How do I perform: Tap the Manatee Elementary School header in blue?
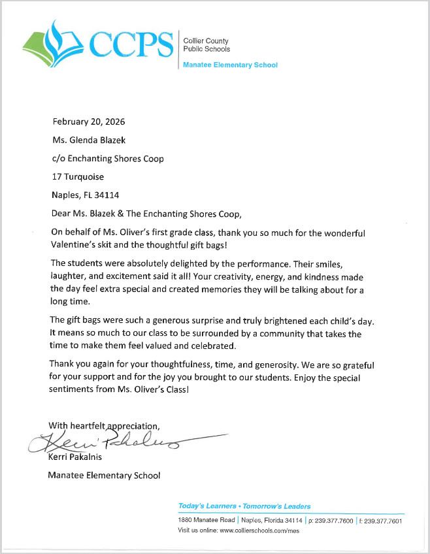click(230, 65)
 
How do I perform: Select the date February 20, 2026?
click(88, 122)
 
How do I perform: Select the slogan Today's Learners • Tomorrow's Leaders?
click(244, 506)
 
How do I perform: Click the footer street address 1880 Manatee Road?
click(206, 520)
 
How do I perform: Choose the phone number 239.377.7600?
click(333, 521)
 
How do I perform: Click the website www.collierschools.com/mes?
click(259, 530)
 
